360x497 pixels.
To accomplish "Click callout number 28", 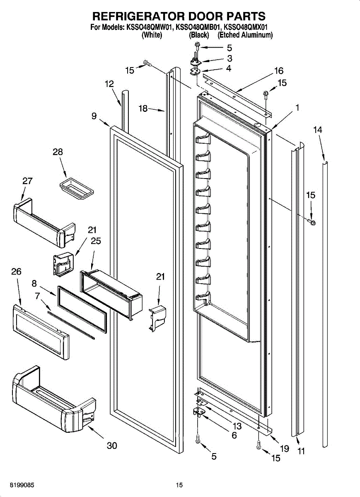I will coord(58,152).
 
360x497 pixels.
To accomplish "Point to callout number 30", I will coord(112,446).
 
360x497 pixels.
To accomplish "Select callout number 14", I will coord(317,130).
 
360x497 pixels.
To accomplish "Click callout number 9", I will coord(94,116).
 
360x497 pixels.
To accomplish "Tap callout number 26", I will coord(16,272).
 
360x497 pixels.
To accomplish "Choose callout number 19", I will coord(284,448).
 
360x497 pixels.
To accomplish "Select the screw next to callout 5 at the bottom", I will coord(198,439).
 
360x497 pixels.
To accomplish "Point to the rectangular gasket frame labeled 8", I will coord(81,309).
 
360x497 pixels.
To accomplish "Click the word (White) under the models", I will coord(151,36).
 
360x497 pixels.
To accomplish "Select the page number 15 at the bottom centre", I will coord(179,485).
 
